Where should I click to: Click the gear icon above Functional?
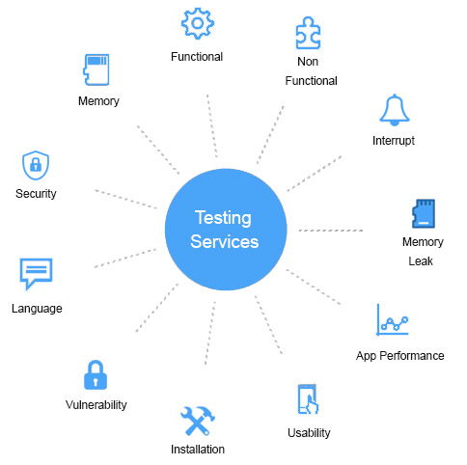tap(198, 23)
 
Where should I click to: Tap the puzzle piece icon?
tap(308, 33)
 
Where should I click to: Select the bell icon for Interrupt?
tap(395, 110)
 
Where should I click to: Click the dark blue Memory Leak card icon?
tap(424, 213)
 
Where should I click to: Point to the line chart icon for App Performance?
tap(393, 319)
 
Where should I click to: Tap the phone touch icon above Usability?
tap(308, 399)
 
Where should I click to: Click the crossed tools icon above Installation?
tap(198, 421)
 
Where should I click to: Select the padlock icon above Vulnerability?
tap(96, 374)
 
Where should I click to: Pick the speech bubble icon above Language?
tap(36, 274)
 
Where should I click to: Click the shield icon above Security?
tap(36, 165)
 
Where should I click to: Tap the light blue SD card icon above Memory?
tap(96, 69)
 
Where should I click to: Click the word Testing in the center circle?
tap(223, 219)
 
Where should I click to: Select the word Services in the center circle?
tap(225, 242)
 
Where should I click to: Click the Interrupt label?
tap(394, 141)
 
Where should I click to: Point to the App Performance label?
tap(400, 356)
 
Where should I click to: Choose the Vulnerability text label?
tap(96, 405)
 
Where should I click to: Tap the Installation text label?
tap(198, 450)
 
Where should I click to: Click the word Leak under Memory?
tap(421, 261)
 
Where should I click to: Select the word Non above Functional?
tap(308, 62)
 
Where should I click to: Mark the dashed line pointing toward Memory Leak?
tap(331, 231)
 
